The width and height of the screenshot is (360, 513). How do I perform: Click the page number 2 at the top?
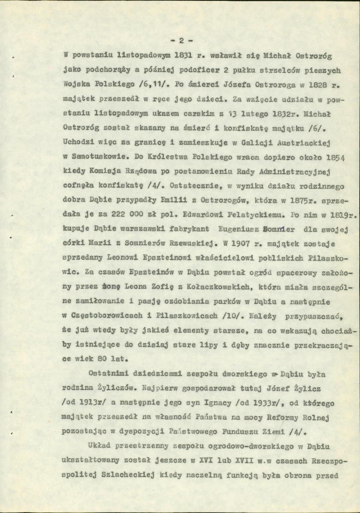pos(181,42)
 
